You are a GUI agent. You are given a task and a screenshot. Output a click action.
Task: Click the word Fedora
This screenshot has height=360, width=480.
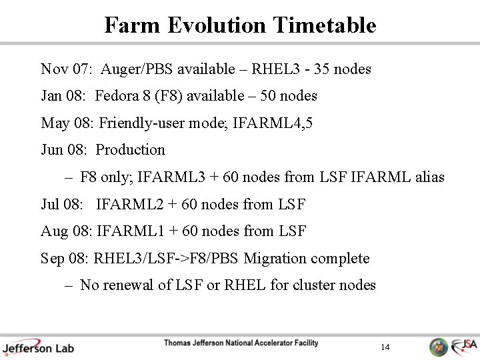[x=117, y=96]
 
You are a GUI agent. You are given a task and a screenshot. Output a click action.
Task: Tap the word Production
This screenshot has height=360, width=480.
[x=131, y=150]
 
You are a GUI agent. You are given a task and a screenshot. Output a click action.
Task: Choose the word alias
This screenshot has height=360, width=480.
[x=427, y=177]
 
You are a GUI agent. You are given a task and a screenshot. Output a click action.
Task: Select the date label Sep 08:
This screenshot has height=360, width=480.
[x=65, y=259]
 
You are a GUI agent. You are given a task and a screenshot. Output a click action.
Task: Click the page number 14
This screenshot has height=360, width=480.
[x=385, y=347]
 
